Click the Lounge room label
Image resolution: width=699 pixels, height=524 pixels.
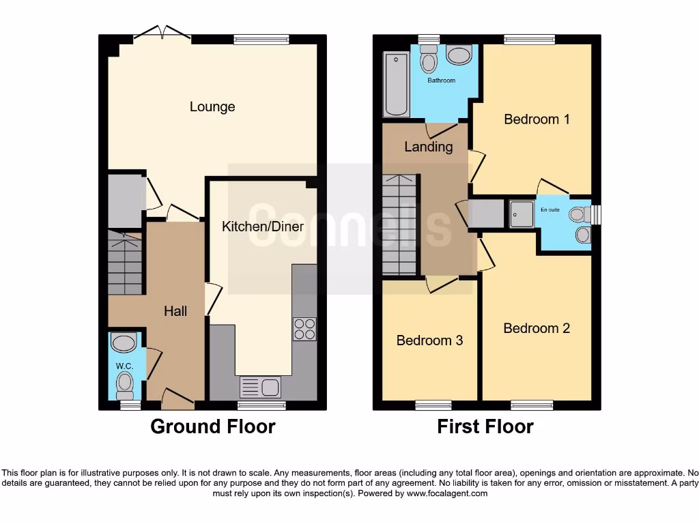212,106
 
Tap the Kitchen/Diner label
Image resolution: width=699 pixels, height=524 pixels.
263,226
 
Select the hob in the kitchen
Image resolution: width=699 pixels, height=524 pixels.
304,329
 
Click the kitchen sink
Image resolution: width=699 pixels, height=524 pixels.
260,387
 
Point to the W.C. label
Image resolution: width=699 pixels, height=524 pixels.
124,366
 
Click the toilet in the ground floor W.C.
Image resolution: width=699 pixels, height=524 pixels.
124,385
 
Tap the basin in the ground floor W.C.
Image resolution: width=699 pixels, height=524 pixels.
124,342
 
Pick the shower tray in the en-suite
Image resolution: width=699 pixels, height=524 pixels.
523,214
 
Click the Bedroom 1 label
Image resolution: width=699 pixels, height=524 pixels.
537,119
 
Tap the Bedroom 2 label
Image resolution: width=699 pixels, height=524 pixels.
537,328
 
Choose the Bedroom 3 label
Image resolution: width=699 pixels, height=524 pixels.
429,340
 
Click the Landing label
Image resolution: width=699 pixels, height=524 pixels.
429,147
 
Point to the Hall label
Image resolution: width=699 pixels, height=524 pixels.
175,311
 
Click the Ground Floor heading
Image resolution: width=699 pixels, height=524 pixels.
213,426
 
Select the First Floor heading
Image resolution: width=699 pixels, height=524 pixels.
485,426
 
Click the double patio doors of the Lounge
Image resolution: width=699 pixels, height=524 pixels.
162,33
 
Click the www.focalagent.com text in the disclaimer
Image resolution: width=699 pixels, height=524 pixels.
447,493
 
